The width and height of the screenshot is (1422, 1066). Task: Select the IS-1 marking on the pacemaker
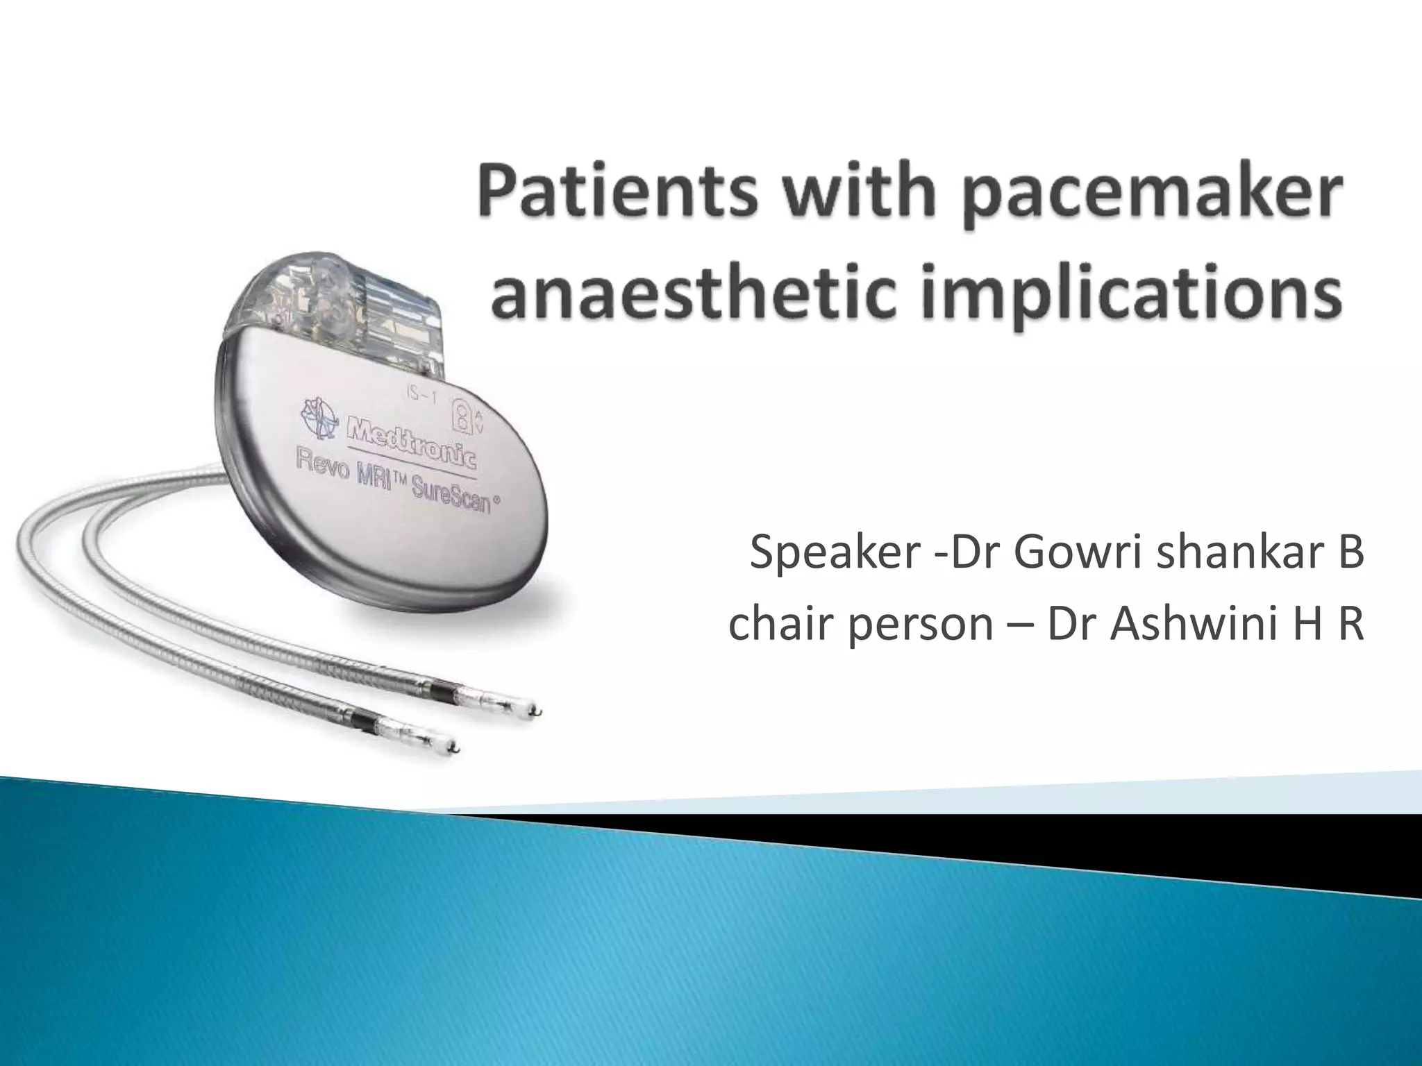(x=424, y=398)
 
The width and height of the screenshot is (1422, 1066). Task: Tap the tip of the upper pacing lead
(x=536, y=710)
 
